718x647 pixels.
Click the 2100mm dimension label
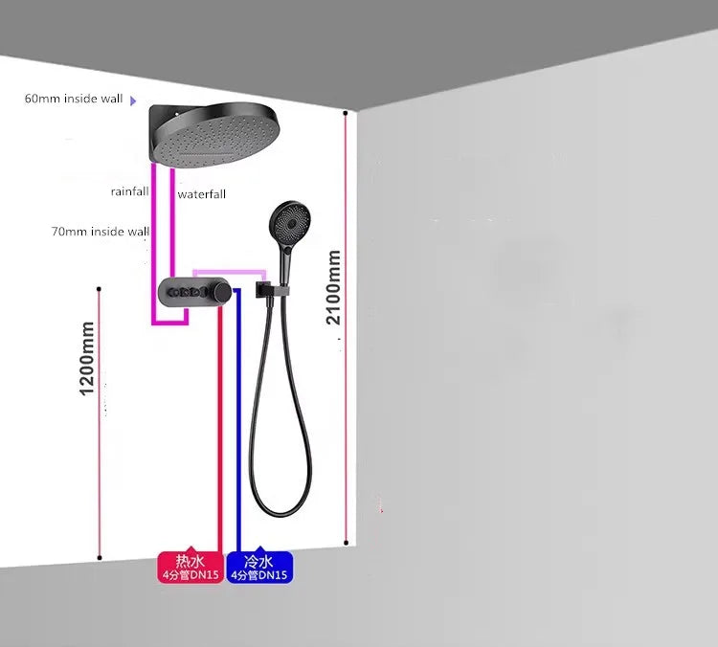334,287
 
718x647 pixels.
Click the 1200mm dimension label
86,359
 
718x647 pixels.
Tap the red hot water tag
191,567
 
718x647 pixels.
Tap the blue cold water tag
259,567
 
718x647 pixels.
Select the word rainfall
129,191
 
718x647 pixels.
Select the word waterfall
201,194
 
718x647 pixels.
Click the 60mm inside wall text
74,99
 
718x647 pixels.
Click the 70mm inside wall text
101,232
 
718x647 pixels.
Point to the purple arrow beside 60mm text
133,100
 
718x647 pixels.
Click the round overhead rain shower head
214,135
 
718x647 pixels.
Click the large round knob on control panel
222,291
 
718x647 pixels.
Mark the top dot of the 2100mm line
346,113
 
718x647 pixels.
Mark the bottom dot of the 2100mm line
347,543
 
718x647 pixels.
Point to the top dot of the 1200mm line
99,289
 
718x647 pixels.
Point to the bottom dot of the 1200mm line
100,558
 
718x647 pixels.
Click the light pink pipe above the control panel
230,274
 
